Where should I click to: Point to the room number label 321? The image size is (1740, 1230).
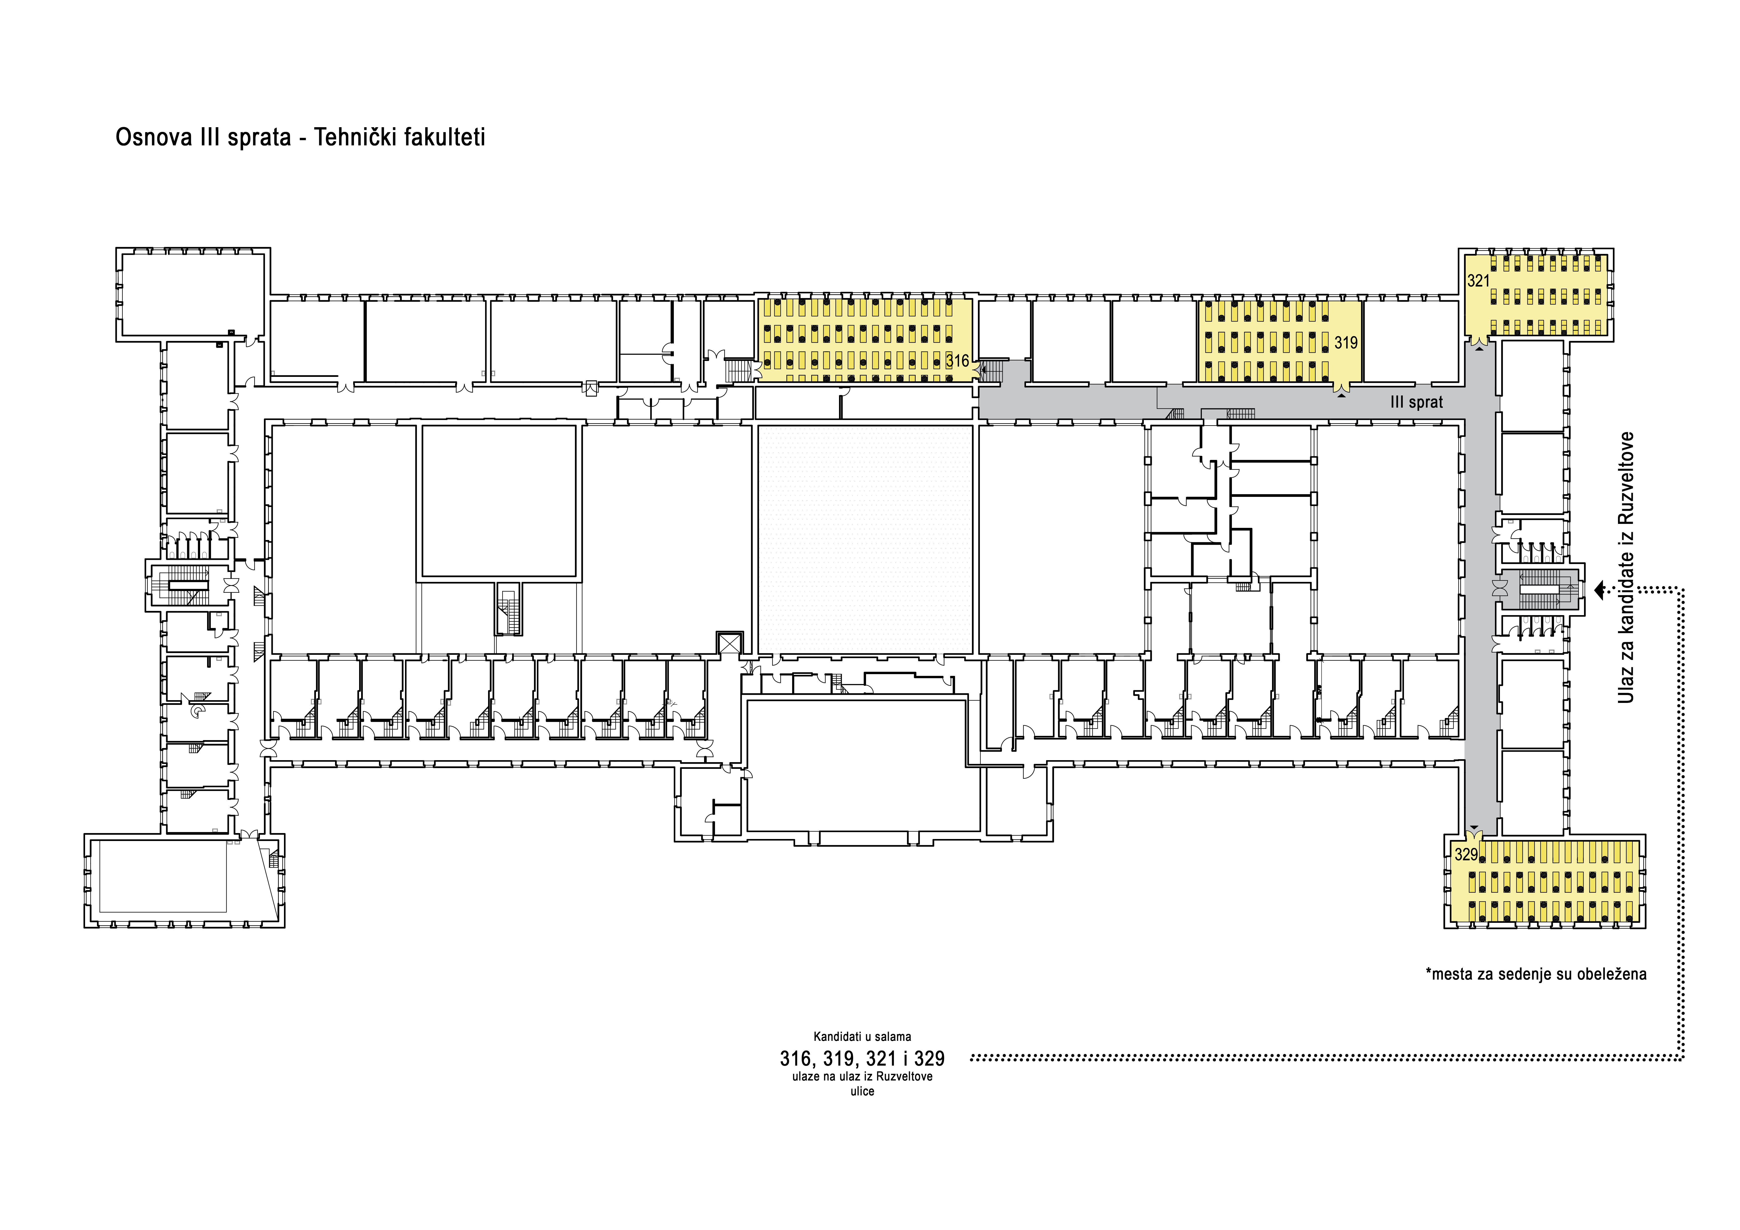pyautogui.click(x=1479, y=281)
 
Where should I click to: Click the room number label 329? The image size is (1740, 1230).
pyautogui.click(x=1466, y=855)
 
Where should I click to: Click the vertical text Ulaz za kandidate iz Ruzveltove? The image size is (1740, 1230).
pyautogui.click(x=1625, y=568)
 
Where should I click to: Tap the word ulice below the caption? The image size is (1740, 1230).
pyautogui.click(x=862, y=1091)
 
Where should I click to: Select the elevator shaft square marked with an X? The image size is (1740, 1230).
pyautogui.click(x=729, y=643)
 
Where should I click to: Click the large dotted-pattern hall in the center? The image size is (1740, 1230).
pyautogui.click(x=865, y=539)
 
